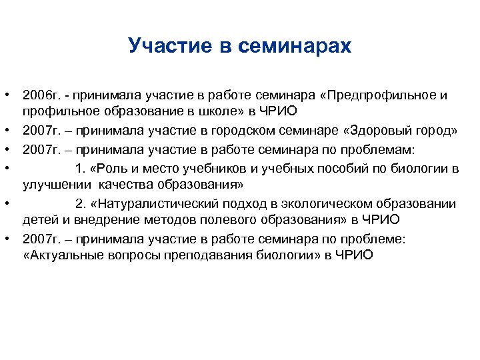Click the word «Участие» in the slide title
[168, 46]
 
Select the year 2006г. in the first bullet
[41, 95]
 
